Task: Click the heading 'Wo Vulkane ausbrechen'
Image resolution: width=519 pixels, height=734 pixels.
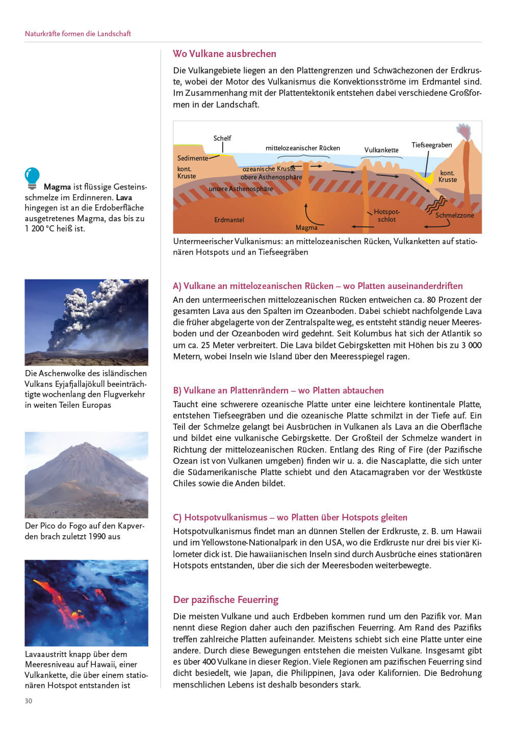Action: (x=224, y=54)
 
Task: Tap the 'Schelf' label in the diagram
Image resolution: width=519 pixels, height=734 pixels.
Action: (x=222, y=138)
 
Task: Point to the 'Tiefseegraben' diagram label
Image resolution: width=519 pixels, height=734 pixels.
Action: (x=431, y=145)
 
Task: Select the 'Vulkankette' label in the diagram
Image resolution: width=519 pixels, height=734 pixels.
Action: (x=381, y=150)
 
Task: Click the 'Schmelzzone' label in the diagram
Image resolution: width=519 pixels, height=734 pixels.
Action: (x=454, y=215)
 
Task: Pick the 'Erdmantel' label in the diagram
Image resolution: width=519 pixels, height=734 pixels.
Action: (x=229, y=220)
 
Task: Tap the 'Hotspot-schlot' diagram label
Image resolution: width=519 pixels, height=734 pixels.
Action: (x=386, y=216)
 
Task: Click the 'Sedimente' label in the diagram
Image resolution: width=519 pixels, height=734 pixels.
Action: (x=192, y=158)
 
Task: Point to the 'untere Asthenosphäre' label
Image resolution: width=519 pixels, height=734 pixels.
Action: (x=241, y=189)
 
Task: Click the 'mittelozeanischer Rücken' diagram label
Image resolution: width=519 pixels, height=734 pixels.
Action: (x=302, y=148)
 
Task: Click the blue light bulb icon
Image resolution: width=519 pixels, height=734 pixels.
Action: (x=32, y=177)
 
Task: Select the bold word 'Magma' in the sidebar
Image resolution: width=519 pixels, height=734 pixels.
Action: (x=57, y=187)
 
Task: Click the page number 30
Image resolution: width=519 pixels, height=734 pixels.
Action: (x=29, y=701)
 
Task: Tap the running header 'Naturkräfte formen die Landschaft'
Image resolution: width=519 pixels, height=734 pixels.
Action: (x=78, y=34)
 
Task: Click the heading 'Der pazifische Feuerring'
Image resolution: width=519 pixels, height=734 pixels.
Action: (x=225, y=599)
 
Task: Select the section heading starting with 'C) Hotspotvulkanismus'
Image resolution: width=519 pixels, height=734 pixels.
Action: (x=290, y=517)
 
